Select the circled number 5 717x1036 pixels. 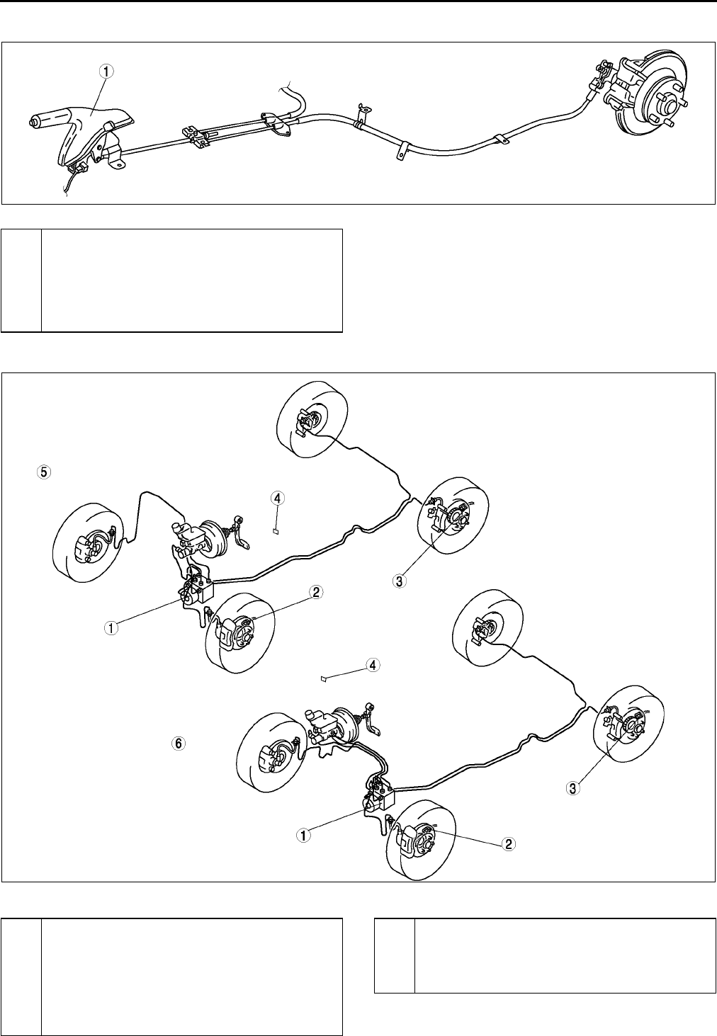tap(44, 472)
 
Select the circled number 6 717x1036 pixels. tap(178, 744)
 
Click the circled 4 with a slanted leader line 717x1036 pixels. tap(373, 665)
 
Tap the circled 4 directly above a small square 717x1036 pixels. tap(278, 499)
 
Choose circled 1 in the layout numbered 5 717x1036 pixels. tap(111, 627)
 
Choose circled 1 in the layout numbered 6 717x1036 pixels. tap(303, 835)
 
